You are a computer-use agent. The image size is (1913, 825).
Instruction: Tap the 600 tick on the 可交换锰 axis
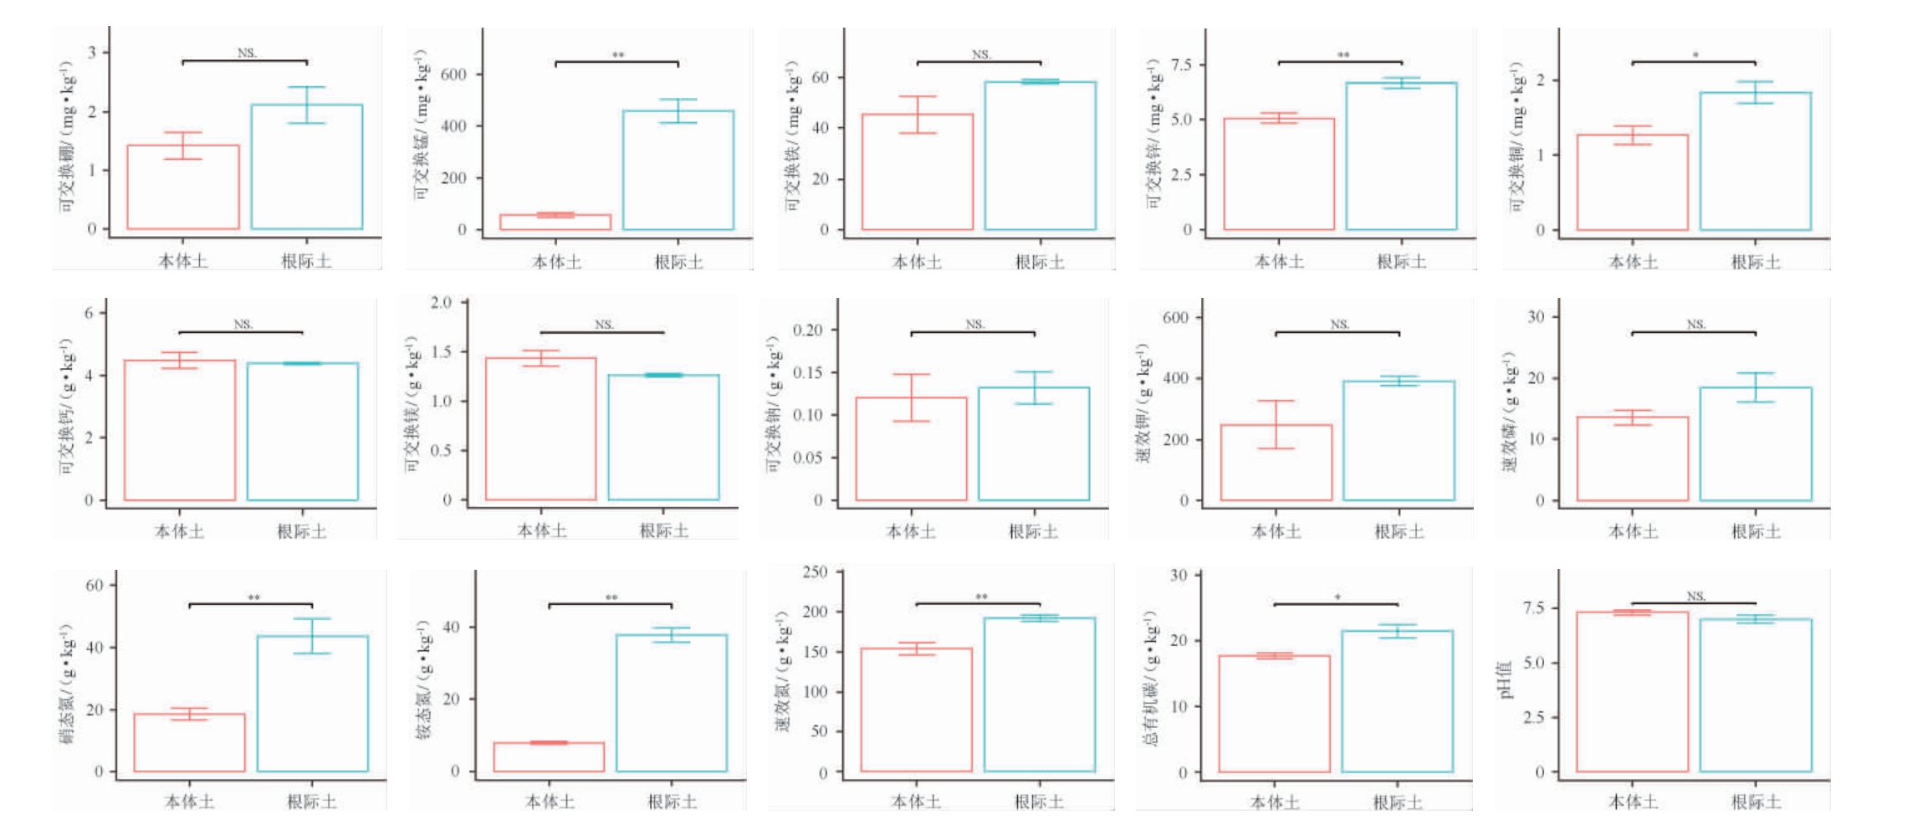pos(453,74)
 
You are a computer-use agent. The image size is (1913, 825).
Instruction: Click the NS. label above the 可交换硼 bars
pos(246,53)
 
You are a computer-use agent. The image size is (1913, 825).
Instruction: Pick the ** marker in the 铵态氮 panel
pos(611,597)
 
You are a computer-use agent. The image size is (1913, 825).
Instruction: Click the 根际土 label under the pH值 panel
pos(1755,802)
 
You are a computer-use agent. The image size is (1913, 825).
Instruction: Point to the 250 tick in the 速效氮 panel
pos(815,571)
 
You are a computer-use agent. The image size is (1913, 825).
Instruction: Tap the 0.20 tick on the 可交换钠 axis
pos(807,330)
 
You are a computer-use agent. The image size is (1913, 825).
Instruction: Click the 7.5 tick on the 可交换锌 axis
pos(1181,64)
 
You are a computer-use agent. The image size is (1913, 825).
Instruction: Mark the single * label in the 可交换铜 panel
pos(1696,55)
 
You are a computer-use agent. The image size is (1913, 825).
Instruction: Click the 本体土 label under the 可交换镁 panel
pos(541,530)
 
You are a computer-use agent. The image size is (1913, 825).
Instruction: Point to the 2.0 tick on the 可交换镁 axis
pos(441,302)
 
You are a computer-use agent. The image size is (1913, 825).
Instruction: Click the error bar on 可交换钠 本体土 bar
pos(911,397)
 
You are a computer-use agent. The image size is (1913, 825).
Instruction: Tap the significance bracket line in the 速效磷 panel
pos(1693,333)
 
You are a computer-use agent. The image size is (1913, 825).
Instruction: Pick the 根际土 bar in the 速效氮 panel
pos(1039,694)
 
